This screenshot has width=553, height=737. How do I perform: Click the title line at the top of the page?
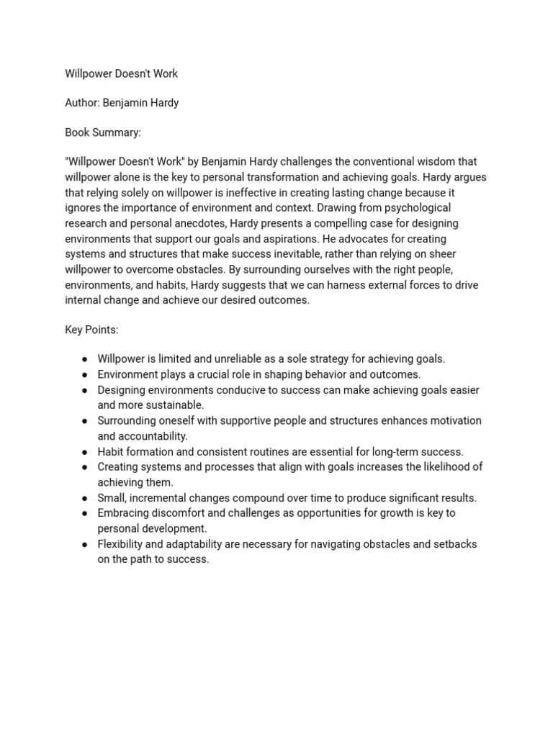click(121, 73)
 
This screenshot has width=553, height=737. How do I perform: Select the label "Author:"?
click(82, 103)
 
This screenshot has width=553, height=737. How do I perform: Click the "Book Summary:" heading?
click(103, 132)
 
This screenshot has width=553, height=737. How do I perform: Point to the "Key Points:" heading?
click(91, 330)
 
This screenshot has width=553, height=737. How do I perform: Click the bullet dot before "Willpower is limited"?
click(85, 359)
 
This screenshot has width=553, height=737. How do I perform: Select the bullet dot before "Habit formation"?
click(85, 452)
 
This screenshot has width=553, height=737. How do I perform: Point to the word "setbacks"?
click(454, 544)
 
